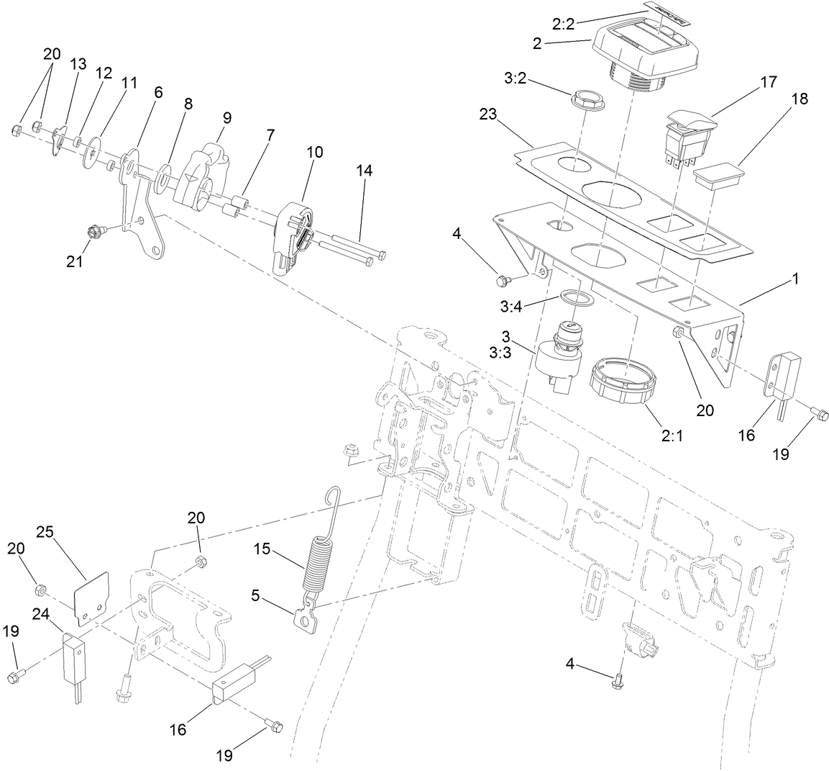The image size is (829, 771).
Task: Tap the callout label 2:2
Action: click(564, 24)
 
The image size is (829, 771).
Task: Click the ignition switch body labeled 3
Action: click(555, 358)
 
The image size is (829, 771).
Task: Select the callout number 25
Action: click(45, 532)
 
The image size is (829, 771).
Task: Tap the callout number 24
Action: click(42, 613)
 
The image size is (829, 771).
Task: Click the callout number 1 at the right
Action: click(795, 277)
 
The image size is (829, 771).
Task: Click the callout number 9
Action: click(226, 116)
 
